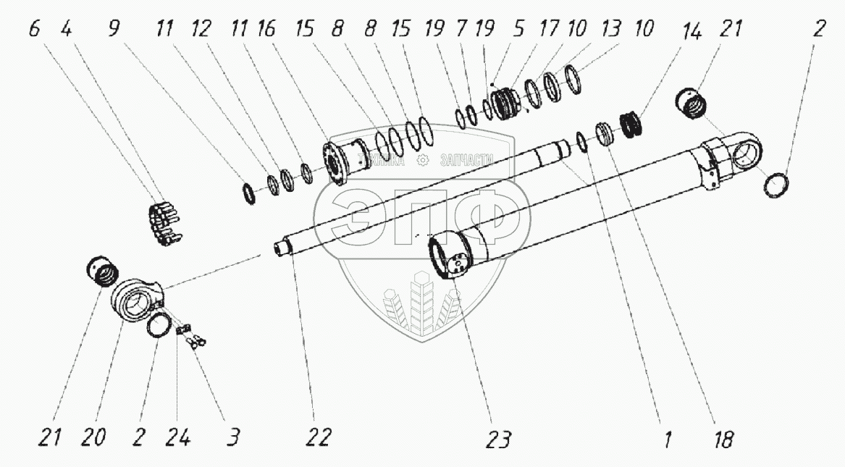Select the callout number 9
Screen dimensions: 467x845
coord(114,30)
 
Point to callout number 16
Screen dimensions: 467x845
coord(266,30)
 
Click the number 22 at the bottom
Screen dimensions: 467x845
coord(319,437)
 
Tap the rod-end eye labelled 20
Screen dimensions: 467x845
coord(138,300)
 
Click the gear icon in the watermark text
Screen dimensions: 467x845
coord(424,161)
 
